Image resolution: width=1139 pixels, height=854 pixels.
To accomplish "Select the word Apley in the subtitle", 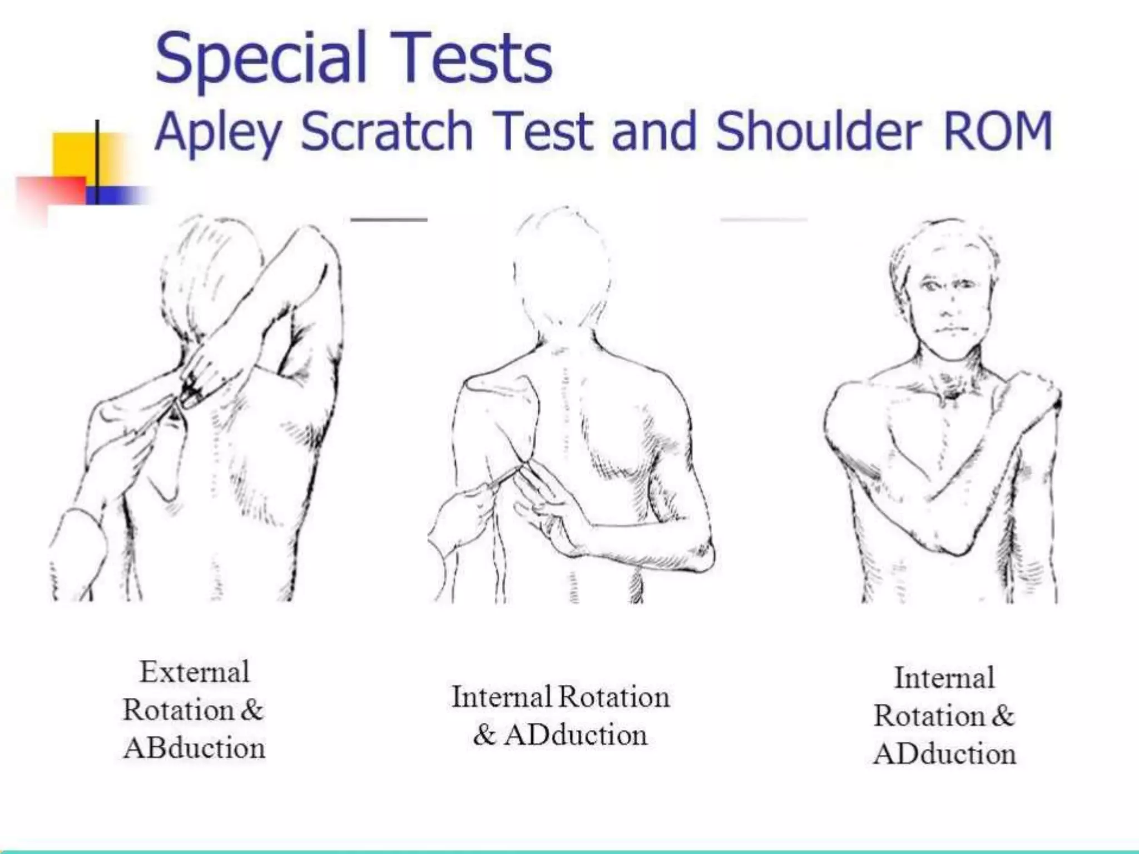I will coord(219,132).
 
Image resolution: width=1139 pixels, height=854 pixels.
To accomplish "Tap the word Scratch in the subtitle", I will coord(387,131).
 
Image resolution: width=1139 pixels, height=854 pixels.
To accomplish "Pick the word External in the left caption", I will coord(194,672).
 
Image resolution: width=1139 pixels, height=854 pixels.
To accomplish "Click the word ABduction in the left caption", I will coord(194,748).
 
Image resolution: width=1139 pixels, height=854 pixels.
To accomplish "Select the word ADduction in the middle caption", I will coord(576,735).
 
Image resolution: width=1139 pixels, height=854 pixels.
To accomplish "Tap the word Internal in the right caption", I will coord(944,678).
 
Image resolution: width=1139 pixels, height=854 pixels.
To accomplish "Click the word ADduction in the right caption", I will coord(944,754).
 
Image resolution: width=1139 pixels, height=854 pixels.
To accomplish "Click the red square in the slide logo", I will coord(50,192).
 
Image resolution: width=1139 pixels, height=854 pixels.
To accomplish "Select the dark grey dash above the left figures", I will coord(389,220).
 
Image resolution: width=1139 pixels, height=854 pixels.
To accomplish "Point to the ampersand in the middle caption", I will coord(484,735).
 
